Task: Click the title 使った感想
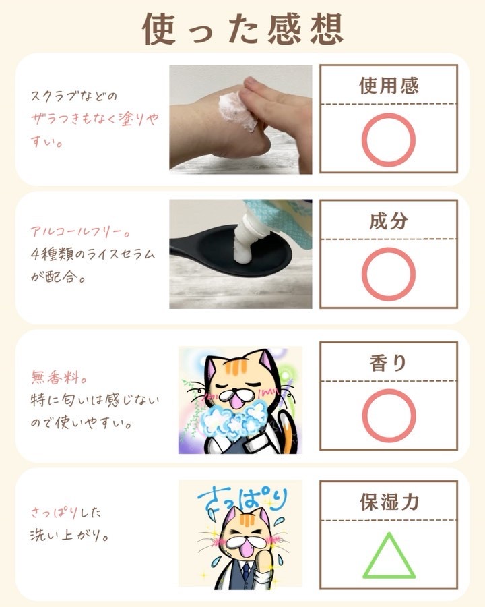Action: (x=243, y=30)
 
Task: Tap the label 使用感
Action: (x=389, y=86)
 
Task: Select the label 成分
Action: (x=389, y=221)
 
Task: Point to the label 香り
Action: (x=388, y=363)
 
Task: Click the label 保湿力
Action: (x=389, y=502)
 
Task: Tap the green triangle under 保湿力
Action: (x=389, y=576)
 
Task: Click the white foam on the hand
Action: (x=236, y=111)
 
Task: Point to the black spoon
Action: (x=232, y=248)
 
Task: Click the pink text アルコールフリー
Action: (x=80, y=232)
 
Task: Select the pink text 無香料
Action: (x=59, y=376)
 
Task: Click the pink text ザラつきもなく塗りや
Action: (x=95, y=119)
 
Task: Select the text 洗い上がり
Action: (x=69, y=536)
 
